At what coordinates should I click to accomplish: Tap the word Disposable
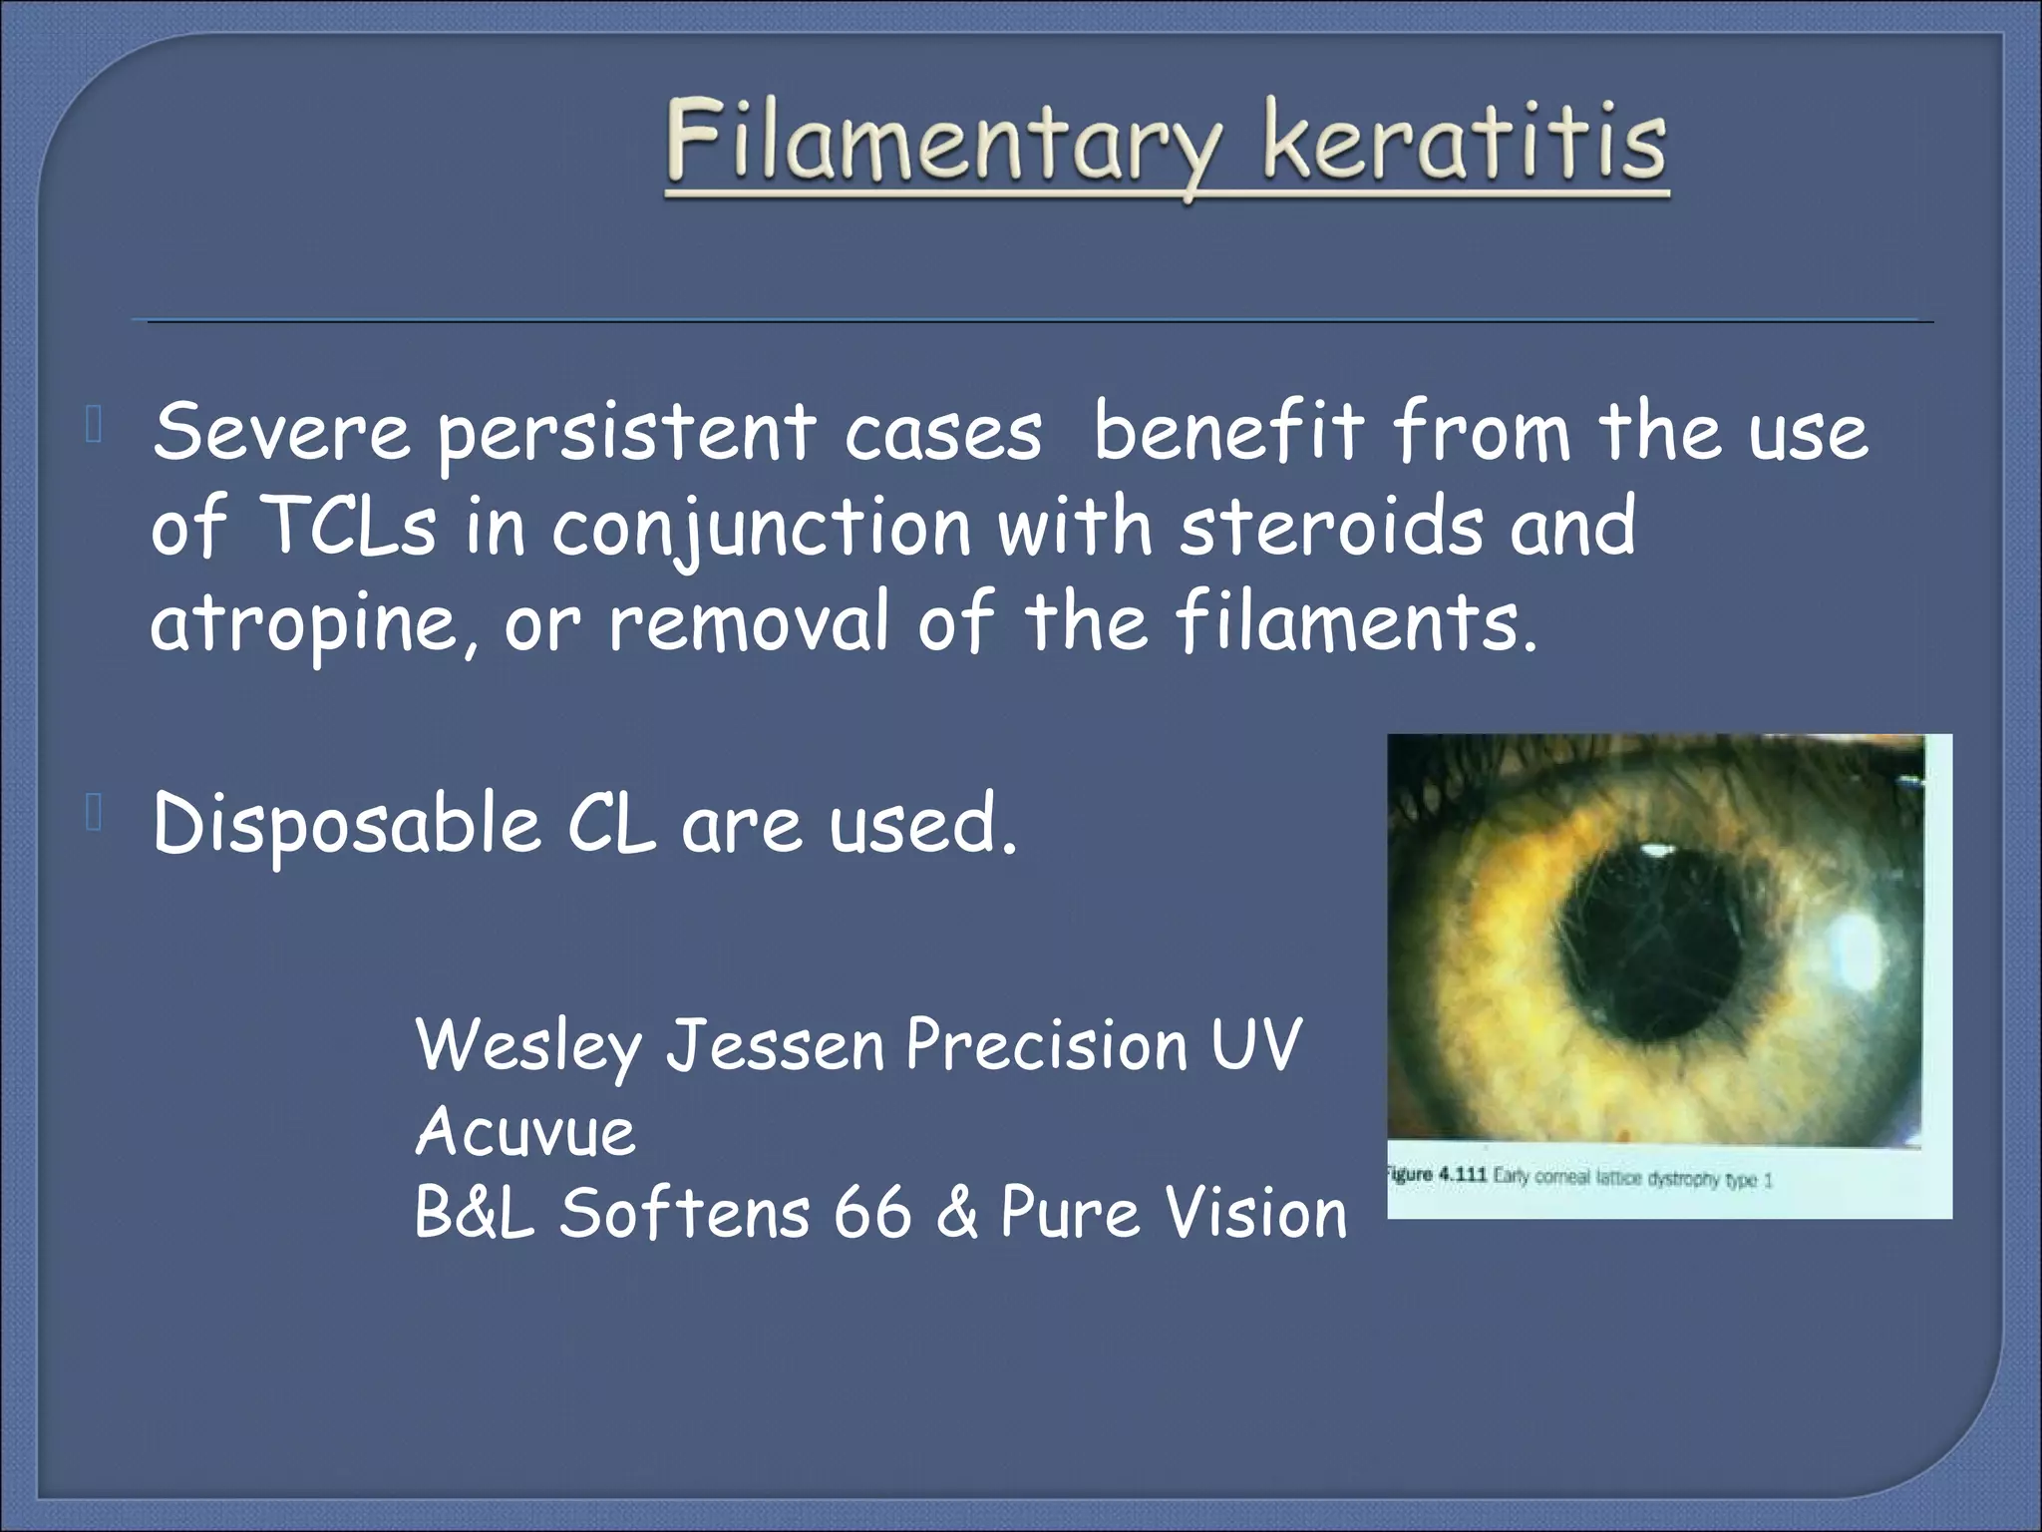[345, 826]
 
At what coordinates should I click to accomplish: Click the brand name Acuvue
[525, 1133]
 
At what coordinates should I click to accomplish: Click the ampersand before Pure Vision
[957, 1214]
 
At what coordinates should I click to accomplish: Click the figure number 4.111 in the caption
[1462, 1176]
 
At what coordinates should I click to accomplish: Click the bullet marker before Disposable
[95, 814]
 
